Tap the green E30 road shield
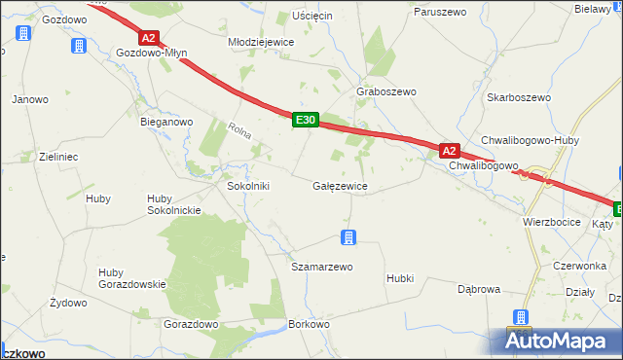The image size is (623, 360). point(305,120)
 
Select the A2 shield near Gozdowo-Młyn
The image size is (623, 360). point(147,38)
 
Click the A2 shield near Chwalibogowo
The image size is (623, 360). point(448,151)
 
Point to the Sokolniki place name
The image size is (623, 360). point(247,185)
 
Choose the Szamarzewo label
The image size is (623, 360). point(322,266)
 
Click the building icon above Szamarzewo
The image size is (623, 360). point(348,236)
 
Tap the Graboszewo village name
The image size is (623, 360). point(386,91)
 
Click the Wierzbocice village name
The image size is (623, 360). point(552,222)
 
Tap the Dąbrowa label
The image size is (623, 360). point(478,289)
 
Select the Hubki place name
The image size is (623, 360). point(399,277)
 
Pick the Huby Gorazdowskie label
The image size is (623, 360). point(132,277)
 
